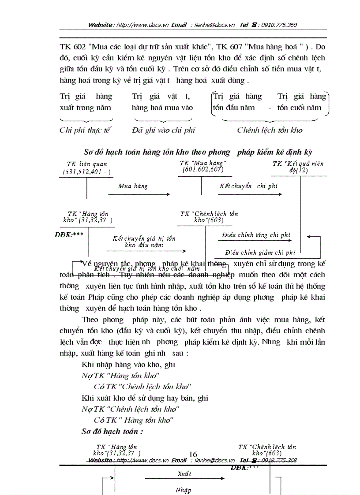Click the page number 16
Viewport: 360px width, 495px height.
tap(192, 454)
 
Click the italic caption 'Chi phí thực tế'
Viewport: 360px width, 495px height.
tap(85, 130)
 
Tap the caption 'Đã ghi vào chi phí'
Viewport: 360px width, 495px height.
tap(163, 130)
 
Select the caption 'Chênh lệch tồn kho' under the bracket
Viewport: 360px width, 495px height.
tap(270, 130)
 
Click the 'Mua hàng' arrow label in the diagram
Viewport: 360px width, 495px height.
tap(133, 186)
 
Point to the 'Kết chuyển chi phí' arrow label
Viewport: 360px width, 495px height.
tap(248, 186)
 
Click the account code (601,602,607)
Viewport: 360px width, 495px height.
tap(202, 170)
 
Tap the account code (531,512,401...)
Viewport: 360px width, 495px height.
tap(86, 171)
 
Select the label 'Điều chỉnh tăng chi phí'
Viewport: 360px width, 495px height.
tap(255, 235)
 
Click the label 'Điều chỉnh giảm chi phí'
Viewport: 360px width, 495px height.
tap(260, 253)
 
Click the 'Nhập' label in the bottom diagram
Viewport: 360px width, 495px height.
tap(183, 490)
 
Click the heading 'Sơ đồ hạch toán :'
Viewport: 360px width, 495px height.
tap(112, 431)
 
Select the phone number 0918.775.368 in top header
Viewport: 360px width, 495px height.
tap(279, 25)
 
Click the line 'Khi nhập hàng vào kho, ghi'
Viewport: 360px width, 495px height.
tap(128, 365)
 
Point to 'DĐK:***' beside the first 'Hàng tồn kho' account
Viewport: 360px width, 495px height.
tap(69, 234)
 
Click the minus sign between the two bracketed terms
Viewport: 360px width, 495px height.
tap(270, 108)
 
